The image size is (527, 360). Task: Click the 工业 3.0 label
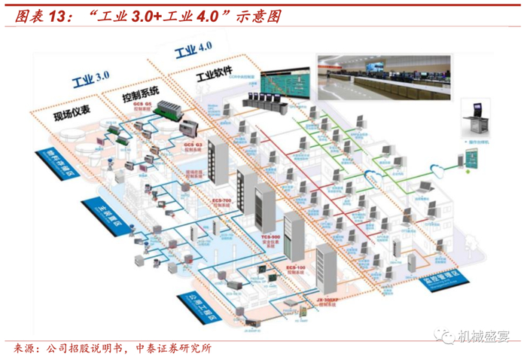pyautogui.click(x=90, y=78)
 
